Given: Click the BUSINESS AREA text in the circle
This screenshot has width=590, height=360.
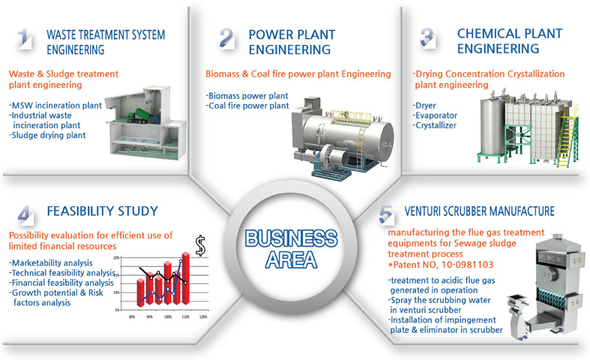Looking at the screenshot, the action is pyautogui.click(x=291, y=249).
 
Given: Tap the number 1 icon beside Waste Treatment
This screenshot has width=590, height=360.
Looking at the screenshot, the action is pyautogui.click(x=24, y=38).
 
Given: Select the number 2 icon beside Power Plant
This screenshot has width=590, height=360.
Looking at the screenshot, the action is pyautogui.click(x=227, y=38).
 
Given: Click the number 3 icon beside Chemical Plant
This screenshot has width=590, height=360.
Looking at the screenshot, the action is pyautogui.click(x=428, y=38).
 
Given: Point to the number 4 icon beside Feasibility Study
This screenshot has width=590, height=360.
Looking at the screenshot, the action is pyautogui.click(x=25, y=214).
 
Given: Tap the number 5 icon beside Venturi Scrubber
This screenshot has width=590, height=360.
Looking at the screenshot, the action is pyautogui.click(x=386, y=214).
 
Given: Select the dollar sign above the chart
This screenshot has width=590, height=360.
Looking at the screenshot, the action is pyautogui.click(x=201, y=245).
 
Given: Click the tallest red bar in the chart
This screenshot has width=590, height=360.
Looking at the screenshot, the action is pyautogui.click(x=185, y=278).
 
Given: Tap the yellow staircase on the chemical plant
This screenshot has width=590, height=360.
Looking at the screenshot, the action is pyautogui.click(x=568, y=139).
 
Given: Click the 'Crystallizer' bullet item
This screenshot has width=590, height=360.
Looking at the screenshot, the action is pyautogui.click(x=435, y=125).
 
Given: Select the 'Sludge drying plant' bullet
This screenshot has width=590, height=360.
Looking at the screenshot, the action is pyautogui.click(x=47, y=135).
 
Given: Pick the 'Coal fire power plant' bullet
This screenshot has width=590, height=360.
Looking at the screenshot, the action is pyautogui.click(x=247, y=106).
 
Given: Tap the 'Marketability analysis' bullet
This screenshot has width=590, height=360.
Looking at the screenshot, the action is pyautogui.click(x=50, y=262).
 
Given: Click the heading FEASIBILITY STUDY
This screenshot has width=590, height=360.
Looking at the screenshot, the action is pyautogui.click(x=103, y=211).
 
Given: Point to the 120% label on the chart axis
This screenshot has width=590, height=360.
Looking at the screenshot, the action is pyautogui.click(x=203, y=317).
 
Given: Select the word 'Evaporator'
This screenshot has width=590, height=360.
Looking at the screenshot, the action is pyautogui.click(x=436, y=115).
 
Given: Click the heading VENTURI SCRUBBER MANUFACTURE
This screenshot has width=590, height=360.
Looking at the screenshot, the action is pyautogui.click(x=479, y=211).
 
